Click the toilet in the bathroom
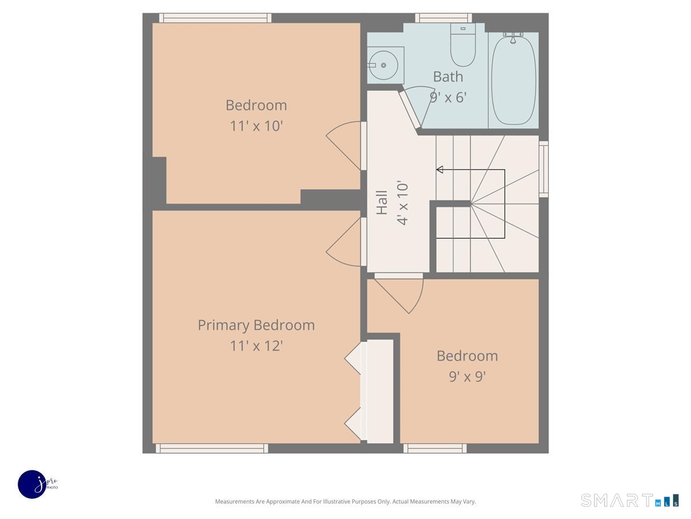462,45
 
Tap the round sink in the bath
383,65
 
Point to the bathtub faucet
513,37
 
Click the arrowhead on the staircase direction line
440,170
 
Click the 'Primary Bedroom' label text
256,325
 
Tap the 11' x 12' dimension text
256,346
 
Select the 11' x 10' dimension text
256,126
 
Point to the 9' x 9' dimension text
467,377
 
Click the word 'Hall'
382,202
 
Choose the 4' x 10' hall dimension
403,202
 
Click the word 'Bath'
448,77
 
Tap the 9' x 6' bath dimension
448,97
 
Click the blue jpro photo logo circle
32,484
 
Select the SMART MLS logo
629,500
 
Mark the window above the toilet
443,18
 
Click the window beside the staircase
544,169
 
